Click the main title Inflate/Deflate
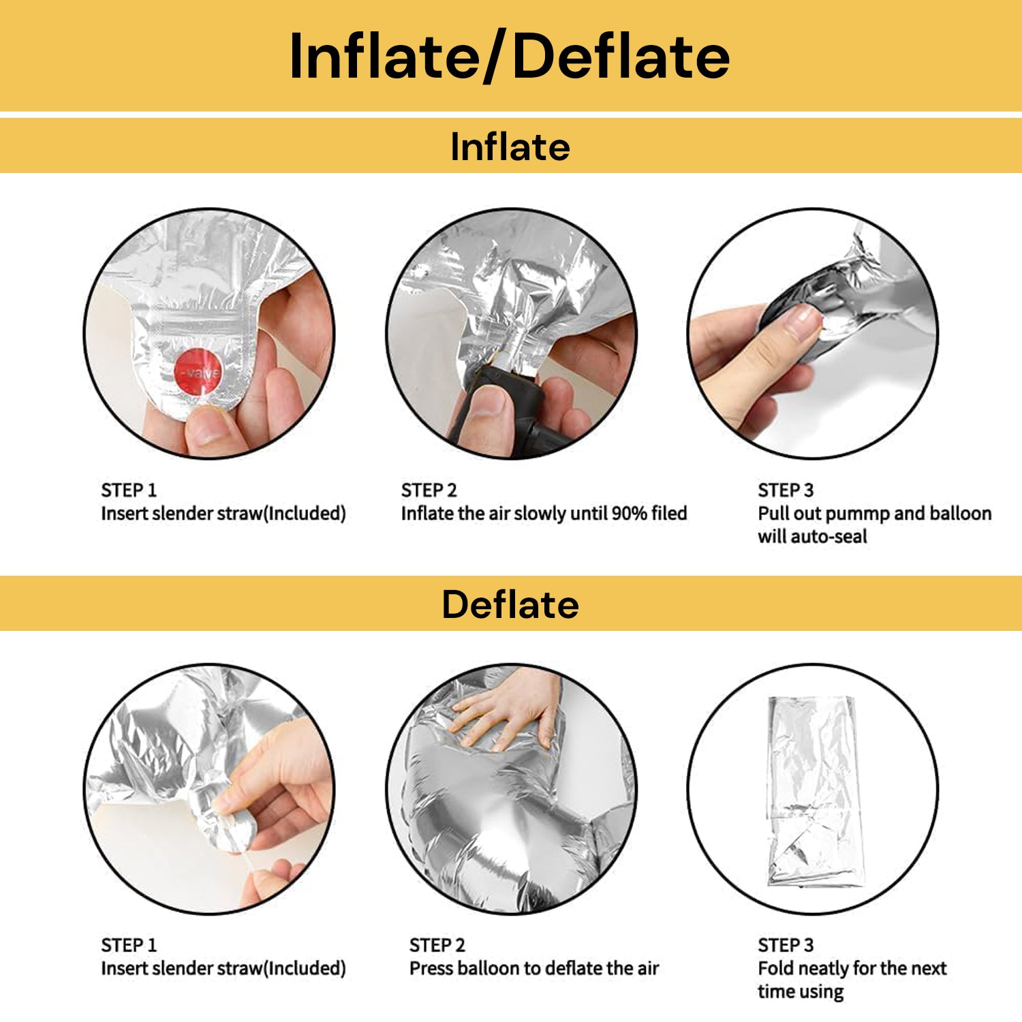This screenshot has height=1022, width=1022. pos(510,57)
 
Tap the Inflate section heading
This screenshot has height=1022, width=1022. pos(510,146)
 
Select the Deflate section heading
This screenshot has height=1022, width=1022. pos(510,604)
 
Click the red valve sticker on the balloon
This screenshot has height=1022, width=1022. pos(198,372)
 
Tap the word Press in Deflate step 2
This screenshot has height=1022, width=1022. pos(431,968)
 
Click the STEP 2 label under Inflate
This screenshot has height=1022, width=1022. pos(429,490)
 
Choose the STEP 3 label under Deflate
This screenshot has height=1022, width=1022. pos(786,945)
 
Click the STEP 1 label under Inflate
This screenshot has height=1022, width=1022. pos(129,490)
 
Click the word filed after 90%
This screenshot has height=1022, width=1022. pos(669,513)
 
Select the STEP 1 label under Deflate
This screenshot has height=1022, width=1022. pos(129,945)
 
